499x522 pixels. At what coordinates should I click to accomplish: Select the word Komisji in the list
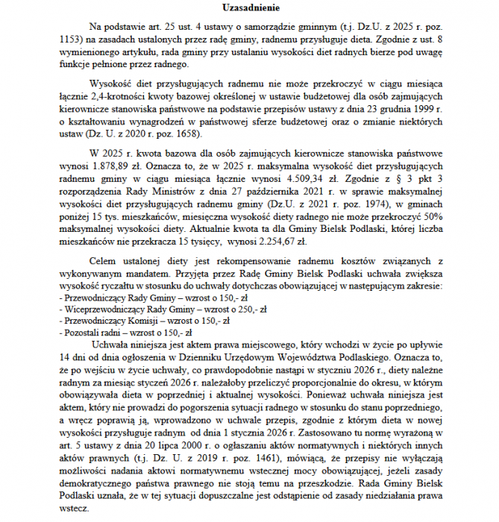point(134,321)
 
